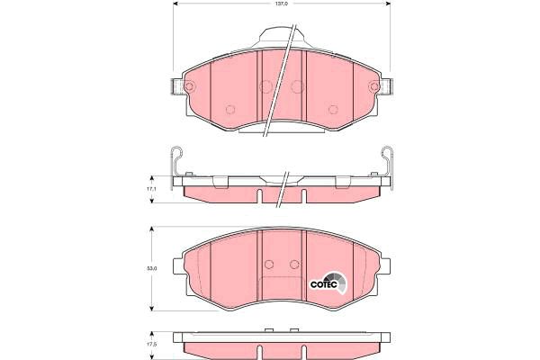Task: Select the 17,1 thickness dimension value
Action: click(x=151, y=189)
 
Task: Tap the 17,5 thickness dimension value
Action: click(x=151, y=345)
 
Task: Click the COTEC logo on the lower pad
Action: click(x=328, y=283)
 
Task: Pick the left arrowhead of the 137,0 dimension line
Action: click(x=175, y=4)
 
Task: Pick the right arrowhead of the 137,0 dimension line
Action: click(x=387, y=4)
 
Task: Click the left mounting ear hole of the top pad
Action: click(x=189, y=86)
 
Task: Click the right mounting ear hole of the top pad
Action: click(x=373, y=86)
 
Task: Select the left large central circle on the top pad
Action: click(x=265, y=86)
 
